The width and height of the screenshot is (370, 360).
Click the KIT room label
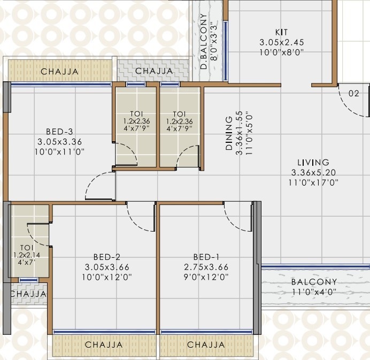click(x=281, y=32)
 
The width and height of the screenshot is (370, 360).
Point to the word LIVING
click(x=314, y=163)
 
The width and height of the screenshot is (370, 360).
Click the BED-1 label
click(x=206, y=256)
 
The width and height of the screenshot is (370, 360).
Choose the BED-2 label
click(x=106, y=256)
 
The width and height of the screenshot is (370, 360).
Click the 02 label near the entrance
click(x=353, y=93)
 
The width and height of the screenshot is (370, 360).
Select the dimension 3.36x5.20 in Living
click(x=314, y=172)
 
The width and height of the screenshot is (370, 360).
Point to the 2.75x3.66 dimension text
click(x=206, y=266)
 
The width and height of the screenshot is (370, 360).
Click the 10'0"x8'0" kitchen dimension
click(x=281, y=52)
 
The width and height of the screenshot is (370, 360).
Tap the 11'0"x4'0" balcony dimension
click(x=314, y=292)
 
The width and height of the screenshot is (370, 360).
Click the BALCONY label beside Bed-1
click(x=314, y=282)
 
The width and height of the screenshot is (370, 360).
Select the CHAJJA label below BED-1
click(x=206, y=345)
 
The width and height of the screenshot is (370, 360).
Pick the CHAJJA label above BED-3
click(x=60, y=72)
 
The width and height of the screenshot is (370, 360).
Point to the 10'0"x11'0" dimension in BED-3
click(x=60, y=151)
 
